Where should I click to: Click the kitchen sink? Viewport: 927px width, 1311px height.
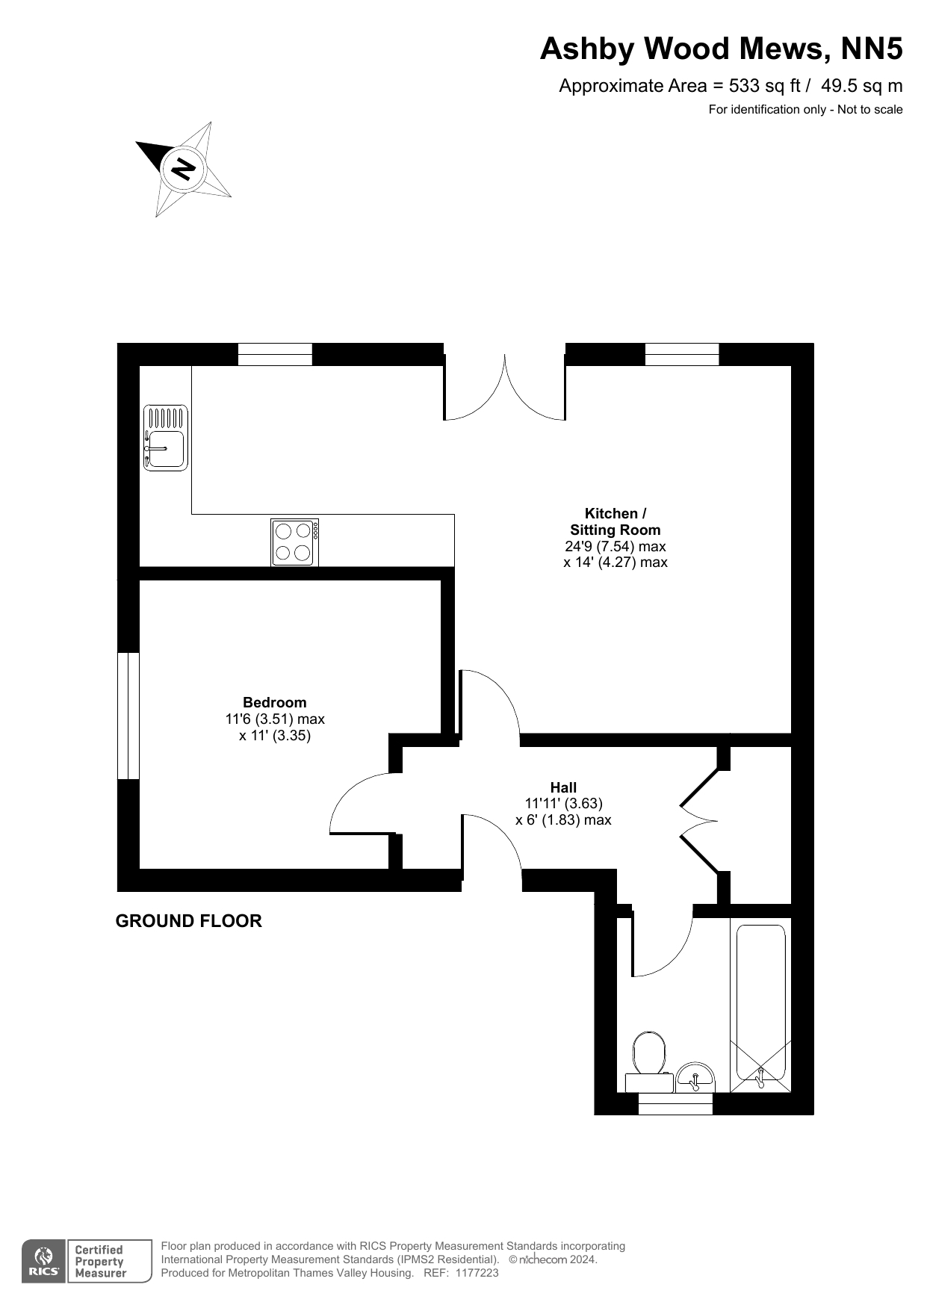point(166,438)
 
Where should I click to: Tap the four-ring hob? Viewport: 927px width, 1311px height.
point(295,542)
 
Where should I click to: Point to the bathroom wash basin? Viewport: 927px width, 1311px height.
point(695,1077)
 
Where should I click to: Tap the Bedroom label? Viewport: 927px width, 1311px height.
point(275,702)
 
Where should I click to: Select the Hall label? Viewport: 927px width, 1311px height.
point(563,787)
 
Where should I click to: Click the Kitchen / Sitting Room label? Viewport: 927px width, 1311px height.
point(616,521)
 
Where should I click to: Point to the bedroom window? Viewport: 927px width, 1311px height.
point(128,716)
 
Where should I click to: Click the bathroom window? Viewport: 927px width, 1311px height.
point(676,1103)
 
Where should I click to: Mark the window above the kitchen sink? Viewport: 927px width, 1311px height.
point(275,354)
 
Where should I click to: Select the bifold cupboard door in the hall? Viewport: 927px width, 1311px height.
point(700,821)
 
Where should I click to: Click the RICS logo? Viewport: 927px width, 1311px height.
point(44,1262)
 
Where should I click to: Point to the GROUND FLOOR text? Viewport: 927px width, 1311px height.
point(189,921)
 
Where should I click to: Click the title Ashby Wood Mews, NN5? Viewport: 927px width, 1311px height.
point(722,49)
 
